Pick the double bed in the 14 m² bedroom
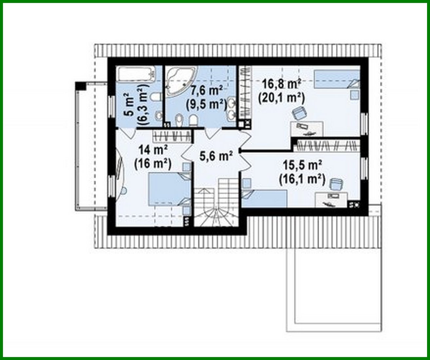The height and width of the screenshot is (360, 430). pos(169,190)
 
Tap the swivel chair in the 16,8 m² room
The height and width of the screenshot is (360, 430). pos(299,113)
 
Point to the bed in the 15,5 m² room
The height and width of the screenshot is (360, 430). pos(265,198)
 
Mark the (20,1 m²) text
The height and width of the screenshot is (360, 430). pos(281,98)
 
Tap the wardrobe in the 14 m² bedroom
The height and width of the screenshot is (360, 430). pos(172,135)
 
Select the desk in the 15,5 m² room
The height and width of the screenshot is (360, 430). pos(331,199)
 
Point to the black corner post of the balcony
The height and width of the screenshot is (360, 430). pos(80,86)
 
